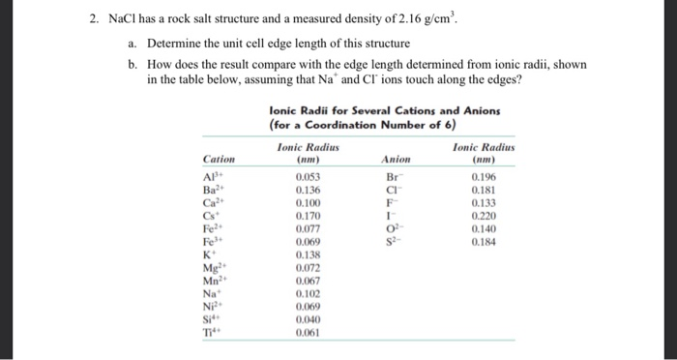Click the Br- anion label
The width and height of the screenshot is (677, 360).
click(392, 178)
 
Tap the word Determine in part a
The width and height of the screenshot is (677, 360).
click(180, 45)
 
